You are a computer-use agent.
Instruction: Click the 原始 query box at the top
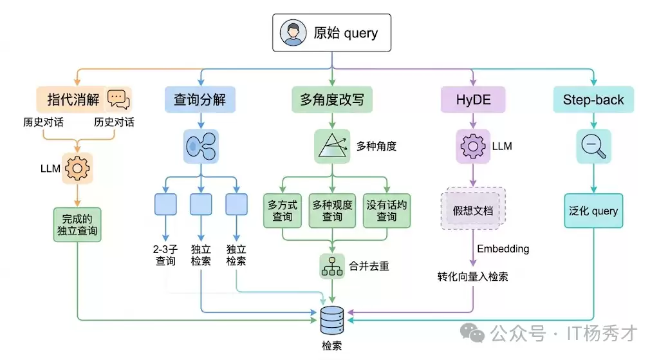click(331, 32)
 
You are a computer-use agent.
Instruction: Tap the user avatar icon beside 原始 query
click(293, 33)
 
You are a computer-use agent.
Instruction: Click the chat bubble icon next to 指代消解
click(118, 99)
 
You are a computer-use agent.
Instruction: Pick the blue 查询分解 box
click(200, 99)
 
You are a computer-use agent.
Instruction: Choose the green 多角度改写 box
click(331, 99)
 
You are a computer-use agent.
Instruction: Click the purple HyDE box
click(473, 99)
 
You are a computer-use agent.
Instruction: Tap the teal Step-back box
click(593, 99)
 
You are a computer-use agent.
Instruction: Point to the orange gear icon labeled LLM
click(78, 168)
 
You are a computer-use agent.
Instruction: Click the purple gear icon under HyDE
click(473, 146)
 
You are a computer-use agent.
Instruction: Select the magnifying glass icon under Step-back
click(592, 146)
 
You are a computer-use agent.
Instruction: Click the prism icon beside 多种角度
click(331, 146)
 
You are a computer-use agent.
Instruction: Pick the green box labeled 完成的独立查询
click(77, 223)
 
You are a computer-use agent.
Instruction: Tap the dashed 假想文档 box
click(473, 209)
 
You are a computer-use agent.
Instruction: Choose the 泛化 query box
click(593, 211)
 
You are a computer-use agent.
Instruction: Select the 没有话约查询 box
click(386, 211)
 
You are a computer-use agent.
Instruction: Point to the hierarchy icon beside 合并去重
click(332, 266)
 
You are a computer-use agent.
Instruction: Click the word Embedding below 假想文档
click(503, 249)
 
